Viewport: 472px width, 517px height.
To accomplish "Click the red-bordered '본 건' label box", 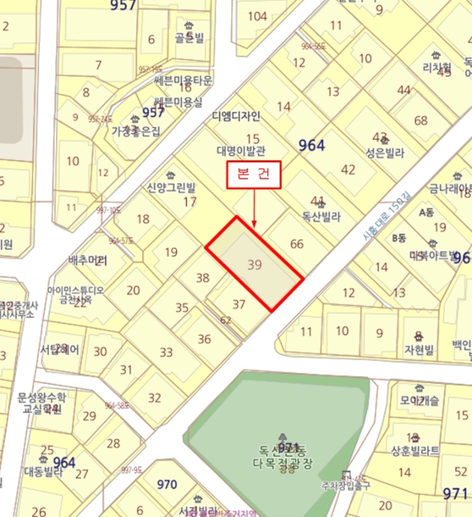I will pos(253,176).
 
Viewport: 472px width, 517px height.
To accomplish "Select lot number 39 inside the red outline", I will pos(256,264).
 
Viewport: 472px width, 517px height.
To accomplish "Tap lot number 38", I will pos(203,278).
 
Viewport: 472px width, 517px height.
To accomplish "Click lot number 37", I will pos(239,304).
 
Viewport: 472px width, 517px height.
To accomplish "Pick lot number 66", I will pos(297,244).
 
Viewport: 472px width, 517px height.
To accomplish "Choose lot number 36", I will pos(205,339).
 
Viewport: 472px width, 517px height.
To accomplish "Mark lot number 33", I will pos(166,352).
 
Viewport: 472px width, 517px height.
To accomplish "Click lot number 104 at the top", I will pos(257,16).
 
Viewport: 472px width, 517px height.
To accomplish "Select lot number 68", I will pos(421,120).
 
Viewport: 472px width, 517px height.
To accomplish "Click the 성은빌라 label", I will pos(385,154).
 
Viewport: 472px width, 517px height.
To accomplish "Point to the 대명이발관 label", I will pos(240,151).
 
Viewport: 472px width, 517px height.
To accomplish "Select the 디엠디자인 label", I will pos(236,116).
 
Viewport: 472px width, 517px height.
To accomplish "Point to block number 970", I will pos(167,485).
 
